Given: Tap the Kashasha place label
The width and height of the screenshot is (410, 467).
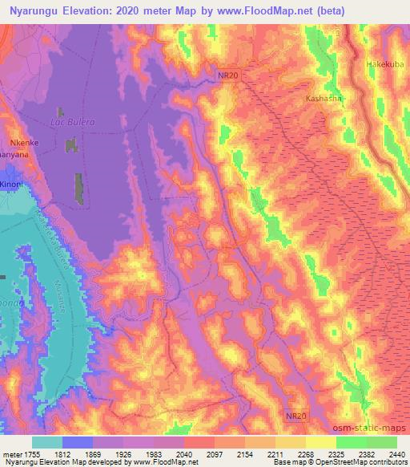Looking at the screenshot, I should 324,98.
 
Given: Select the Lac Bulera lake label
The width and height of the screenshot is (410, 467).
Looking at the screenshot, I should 73,121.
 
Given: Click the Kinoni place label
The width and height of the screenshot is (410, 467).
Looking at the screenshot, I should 11,184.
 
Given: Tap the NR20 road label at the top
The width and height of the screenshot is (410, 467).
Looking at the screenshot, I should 228,75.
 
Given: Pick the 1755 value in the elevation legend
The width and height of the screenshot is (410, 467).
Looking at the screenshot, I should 30,454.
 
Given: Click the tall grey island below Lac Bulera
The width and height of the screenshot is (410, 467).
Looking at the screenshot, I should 79,189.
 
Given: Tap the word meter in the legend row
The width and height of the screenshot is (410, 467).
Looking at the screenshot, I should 10,454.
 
